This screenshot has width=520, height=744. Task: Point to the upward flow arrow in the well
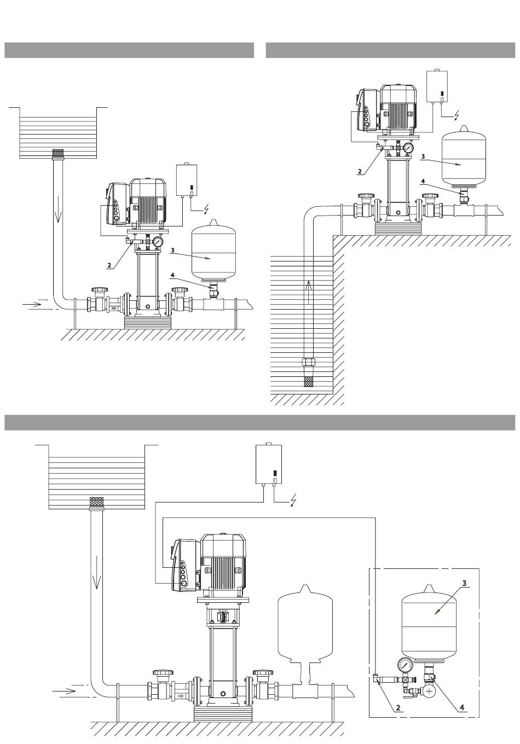pos(309,293)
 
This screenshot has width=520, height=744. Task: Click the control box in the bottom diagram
pos(268,464)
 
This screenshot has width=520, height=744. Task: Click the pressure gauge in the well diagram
pos(408,148)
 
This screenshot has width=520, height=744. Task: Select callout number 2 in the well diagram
pos(360,172)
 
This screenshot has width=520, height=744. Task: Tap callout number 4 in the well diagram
pos(423,182)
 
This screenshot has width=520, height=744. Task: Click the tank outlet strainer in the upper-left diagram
pos(58,153)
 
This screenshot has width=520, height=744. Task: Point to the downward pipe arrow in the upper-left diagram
pos(58,209)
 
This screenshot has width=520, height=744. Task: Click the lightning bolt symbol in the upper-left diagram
pos(206,208)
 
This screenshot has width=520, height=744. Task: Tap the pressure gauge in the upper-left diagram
pos(158,241)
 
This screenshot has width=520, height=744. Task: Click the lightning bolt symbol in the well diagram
pos(457,114)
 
